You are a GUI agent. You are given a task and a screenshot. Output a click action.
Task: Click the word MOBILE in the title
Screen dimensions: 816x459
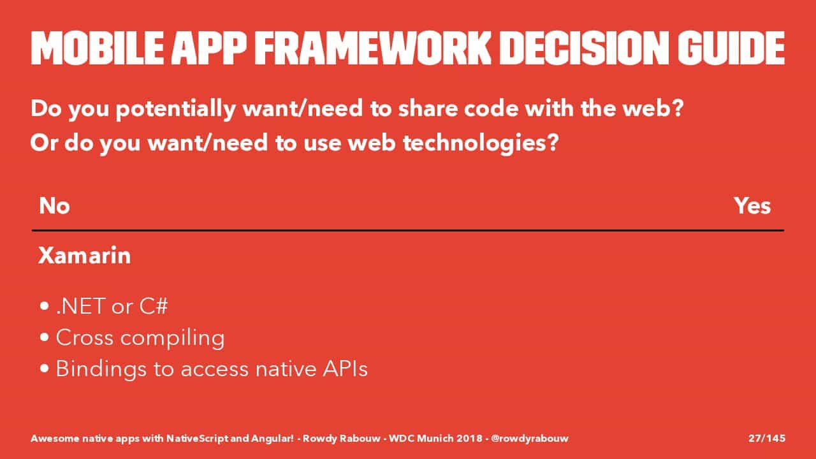coord(98,48)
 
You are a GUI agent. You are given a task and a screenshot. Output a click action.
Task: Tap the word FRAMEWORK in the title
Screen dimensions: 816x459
coord(372,48)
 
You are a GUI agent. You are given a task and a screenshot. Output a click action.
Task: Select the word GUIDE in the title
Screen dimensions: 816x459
coord(731,48)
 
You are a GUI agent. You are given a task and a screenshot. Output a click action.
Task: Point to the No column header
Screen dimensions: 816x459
coord(54,206)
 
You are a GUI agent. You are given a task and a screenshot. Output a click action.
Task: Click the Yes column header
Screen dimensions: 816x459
coord(752,206)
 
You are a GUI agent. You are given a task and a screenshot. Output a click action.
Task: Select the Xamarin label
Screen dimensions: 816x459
coord(85,255)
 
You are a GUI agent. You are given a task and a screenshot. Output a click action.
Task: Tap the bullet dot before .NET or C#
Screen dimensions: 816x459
coord(45,306)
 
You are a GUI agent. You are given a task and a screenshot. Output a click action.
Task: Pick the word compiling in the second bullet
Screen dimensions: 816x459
coord(172,338)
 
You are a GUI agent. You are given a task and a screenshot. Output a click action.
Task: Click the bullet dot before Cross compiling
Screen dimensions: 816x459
coord(45,337)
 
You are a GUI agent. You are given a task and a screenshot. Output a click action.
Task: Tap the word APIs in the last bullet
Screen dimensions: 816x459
coord(345,368)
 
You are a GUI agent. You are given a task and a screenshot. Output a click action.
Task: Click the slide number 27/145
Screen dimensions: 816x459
coord(767,438)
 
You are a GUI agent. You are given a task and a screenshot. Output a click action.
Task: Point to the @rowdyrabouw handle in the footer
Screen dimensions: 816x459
coord(530,439)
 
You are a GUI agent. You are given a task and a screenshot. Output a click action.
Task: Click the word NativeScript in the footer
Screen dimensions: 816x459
coord(198,439)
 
